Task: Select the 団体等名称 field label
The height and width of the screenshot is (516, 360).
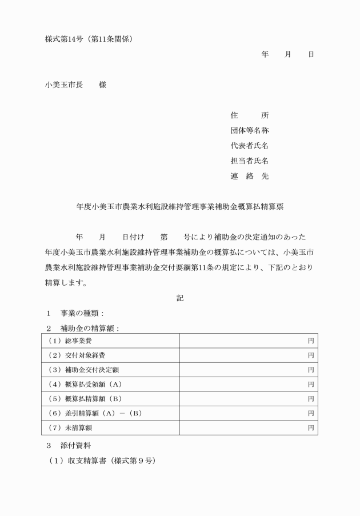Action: pyautogui.click(x=249, y=130)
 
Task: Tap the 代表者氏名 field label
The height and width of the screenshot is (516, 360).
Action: pyautogui.click(x=249, y=146)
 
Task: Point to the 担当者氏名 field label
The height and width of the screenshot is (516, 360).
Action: pyautogui.click(x=249, y=161)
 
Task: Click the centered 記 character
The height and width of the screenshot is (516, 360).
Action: pyautogui.click(x=180, y=298)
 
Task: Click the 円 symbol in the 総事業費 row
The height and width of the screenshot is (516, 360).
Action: pyautogui.click(x=311, y=341)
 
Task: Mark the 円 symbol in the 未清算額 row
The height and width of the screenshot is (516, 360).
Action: pyautogui.click(x=311, y=427)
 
